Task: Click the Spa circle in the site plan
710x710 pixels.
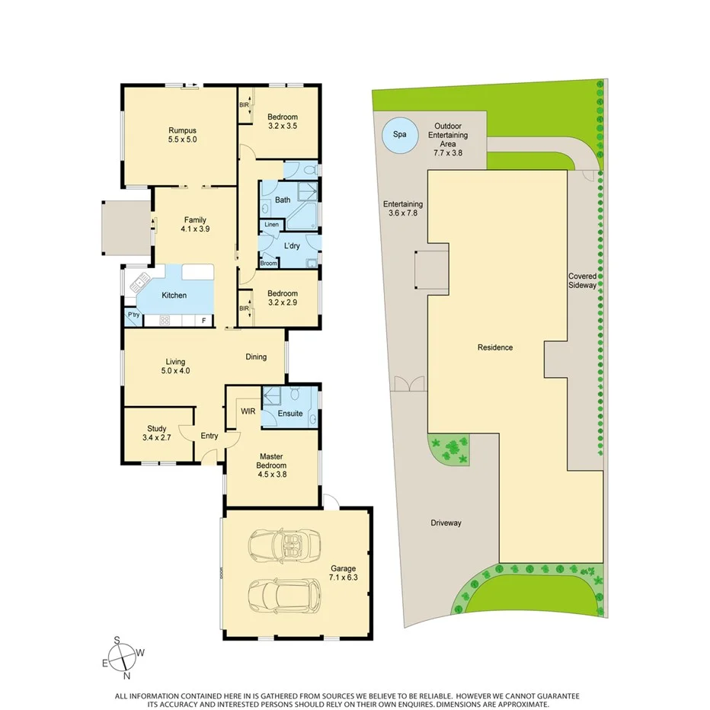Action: point(399,135)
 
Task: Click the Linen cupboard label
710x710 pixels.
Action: point(271,225)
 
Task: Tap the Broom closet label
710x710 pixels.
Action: point(268,263)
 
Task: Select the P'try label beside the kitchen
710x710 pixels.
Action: point(133,315)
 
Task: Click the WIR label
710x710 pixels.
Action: point(248,411)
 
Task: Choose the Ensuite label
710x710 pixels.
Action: point(289,414)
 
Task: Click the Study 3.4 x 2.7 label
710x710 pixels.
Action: point(158,433)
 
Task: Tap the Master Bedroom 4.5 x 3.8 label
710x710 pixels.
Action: point(271,465)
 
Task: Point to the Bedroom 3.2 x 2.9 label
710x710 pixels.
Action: point(282,297)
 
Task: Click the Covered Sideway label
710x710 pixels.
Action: point(584,280)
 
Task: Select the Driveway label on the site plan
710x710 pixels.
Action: point(446,523)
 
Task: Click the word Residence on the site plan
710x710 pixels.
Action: point(495,347)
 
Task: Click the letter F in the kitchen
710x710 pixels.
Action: point(203,321)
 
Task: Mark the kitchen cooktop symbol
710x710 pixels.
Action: point(164,321)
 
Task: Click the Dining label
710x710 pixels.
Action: point(256,357)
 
